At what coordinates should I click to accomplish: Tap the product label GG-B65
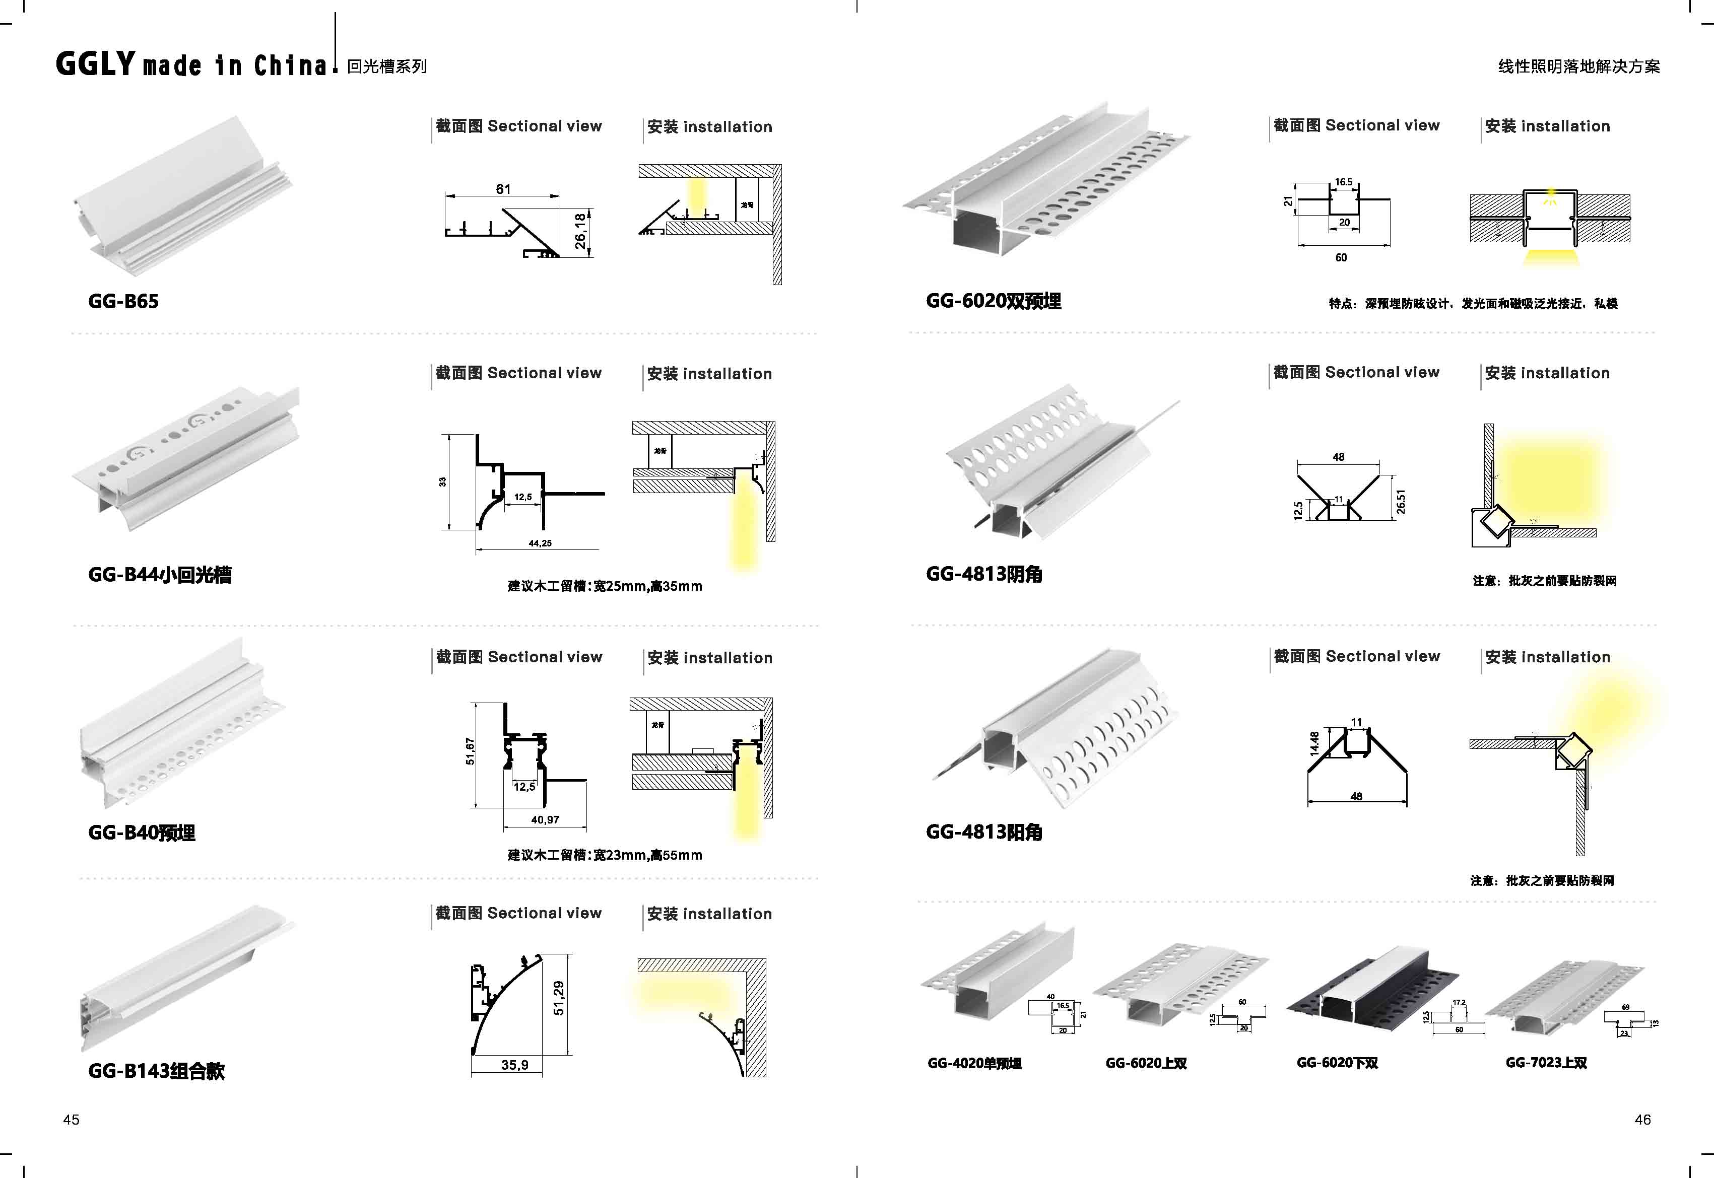click(123, 301)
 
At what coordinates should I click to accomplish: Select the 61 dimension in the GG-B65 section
click(503, 189)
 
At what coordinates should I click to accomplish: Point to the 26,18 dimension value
click(581, 231)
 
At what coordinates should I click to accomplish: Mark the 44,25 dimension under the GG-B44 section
click(540, 543)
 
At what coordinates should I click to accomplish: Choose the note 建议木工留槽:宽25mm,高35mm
click(605, 586)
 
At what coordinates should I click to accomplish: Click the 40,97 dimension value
click(545, 819)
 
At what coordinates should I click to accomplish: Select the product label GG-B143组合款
click(156, 1071)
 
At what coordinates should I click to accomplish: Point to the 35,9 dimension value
click(514, 1065)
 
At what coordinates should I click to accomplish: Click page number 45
click(71, 1120)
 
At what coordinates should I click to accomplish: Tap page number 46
click(1642, 1120)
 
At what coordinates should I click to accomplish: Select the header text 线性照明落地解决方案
click(1578, 66)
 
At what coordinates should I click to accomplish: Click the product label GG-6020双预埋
click(993, 301)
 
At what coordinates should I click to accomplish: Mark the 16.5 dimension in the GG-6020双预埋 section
click(1344, 182)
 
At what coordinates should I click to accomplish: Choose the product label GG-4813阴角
click(984, 574)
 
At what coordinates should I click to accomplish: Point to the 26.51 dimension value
click(1400, 502)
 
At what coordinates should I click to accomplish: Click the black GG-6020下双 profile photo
click(1371, 989)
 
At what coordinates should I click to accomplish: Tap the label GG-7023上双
click(1546, 1063)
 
